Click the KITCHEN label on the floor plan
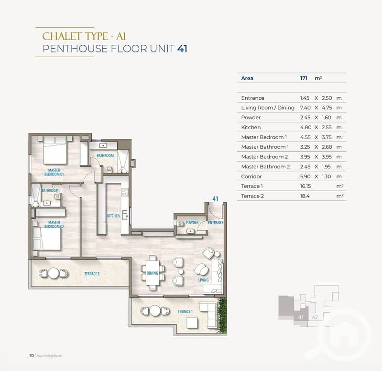pyautogui.click(x=113, y=216)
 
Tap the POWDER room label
pyautogui.click(x=192, y=222)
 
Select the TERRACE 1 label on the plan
pyautogui.click(x=185, y=311)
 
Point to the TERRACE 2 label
pyautogui.click(x=92, y=274)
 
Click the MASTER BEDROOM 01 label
pyautogui.click(x=54, y=172)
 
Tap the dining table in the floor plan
pyautogui.click(x=153, y=273)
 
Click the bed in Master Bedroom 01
pyautogui.click(x=55, y=150)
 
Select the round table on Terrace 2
pyautogui.click(x=54, y=273)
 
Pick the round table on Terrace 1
pyautogui.click(x=155, y=310)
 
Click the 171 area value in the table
pyautogui.click(x=304, y=78)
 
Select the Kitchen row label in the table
pyautogui.click(x=251, y=127)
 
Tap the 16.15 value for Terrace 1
pyautogui.click(x=306, y=186)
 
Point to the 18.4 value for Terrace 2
pyautogui.click(x=305, y=196)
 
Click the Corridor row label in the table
pyautogui.click(x=251, y=176)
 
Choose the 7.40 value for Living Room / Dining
pyautogui.click(x=306, y=108)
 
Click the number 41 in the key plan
pyautogui.click(x=301, y=317)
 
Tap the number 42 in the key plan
pyautogui.click(x=315, y=317)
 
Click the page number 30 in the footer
pyautogui.click(x=32, y=356)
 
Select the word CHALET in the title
pyautogui.click(x=62, y=36)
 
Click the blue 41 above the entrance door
pyautogui.click(x=215, y=199)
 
